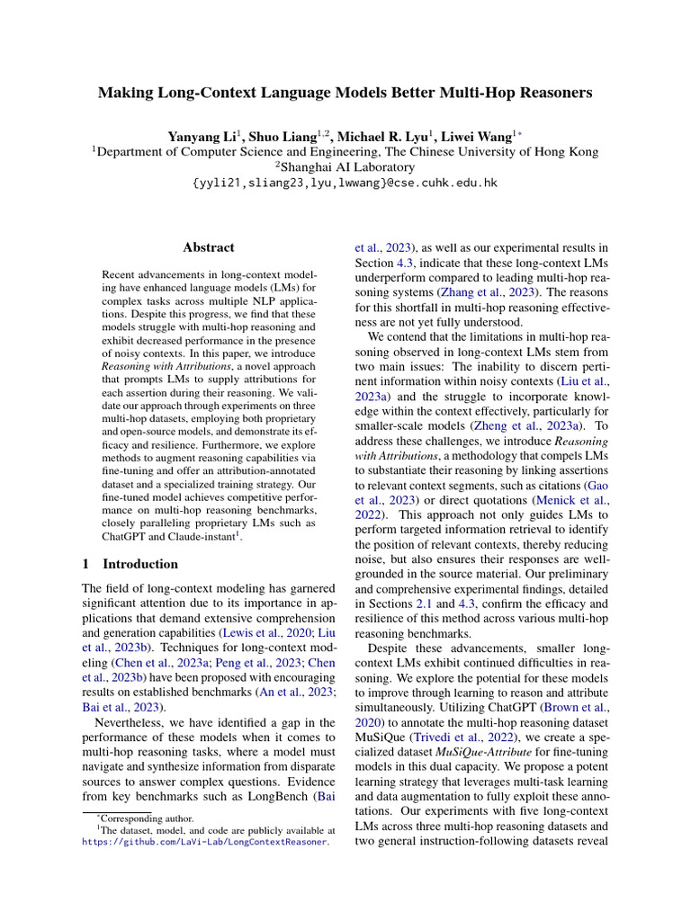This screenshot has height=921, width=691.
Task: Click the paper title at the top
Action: click(x=345, y=93)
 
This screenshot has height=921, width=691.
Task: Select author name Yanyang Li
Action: click(x=202, y=136)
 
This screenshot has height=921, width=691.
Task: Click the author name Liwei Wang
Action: click(x=478, y=136)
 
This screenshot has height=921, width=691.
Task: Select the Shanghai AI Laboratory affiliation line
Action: click(x=345, y=167)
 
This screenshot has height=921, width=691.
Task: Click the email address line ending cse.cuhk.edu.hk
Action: click(x=345, y=183)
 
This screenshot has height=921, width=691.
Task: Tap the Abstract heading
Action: click(x=209, y=247)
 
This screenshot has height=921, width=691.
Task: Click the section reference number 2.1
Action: click(x=425, y=604)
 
